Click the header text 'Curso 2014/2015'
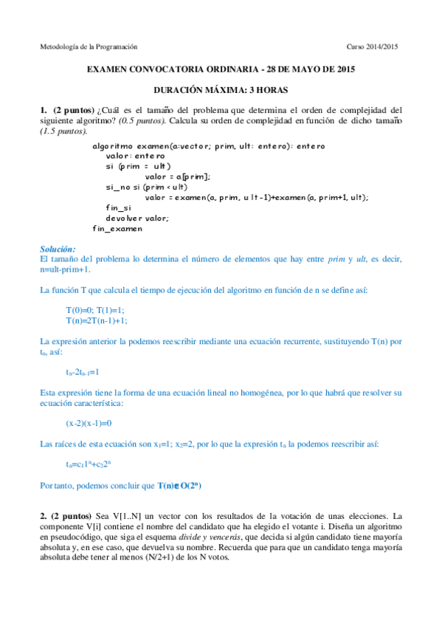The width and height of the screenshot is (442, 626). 372,47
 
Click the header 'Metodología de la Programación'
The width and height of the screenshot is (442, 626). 89,47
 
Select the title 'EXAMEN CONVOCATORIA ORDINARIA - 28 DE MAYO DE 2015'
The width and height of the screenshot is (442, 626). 221,70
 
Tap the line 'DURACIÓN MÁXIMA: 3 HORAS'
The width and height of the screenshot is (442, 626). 221,90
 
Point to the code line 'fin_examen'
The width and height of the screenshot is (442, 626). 117,229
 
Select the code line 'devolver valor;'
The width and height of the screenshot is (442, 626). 137,218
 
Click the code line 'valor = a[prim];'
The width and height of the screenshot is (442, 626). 178,176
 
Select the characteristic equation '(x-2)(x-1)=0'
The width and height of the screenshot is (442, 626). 89,424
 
